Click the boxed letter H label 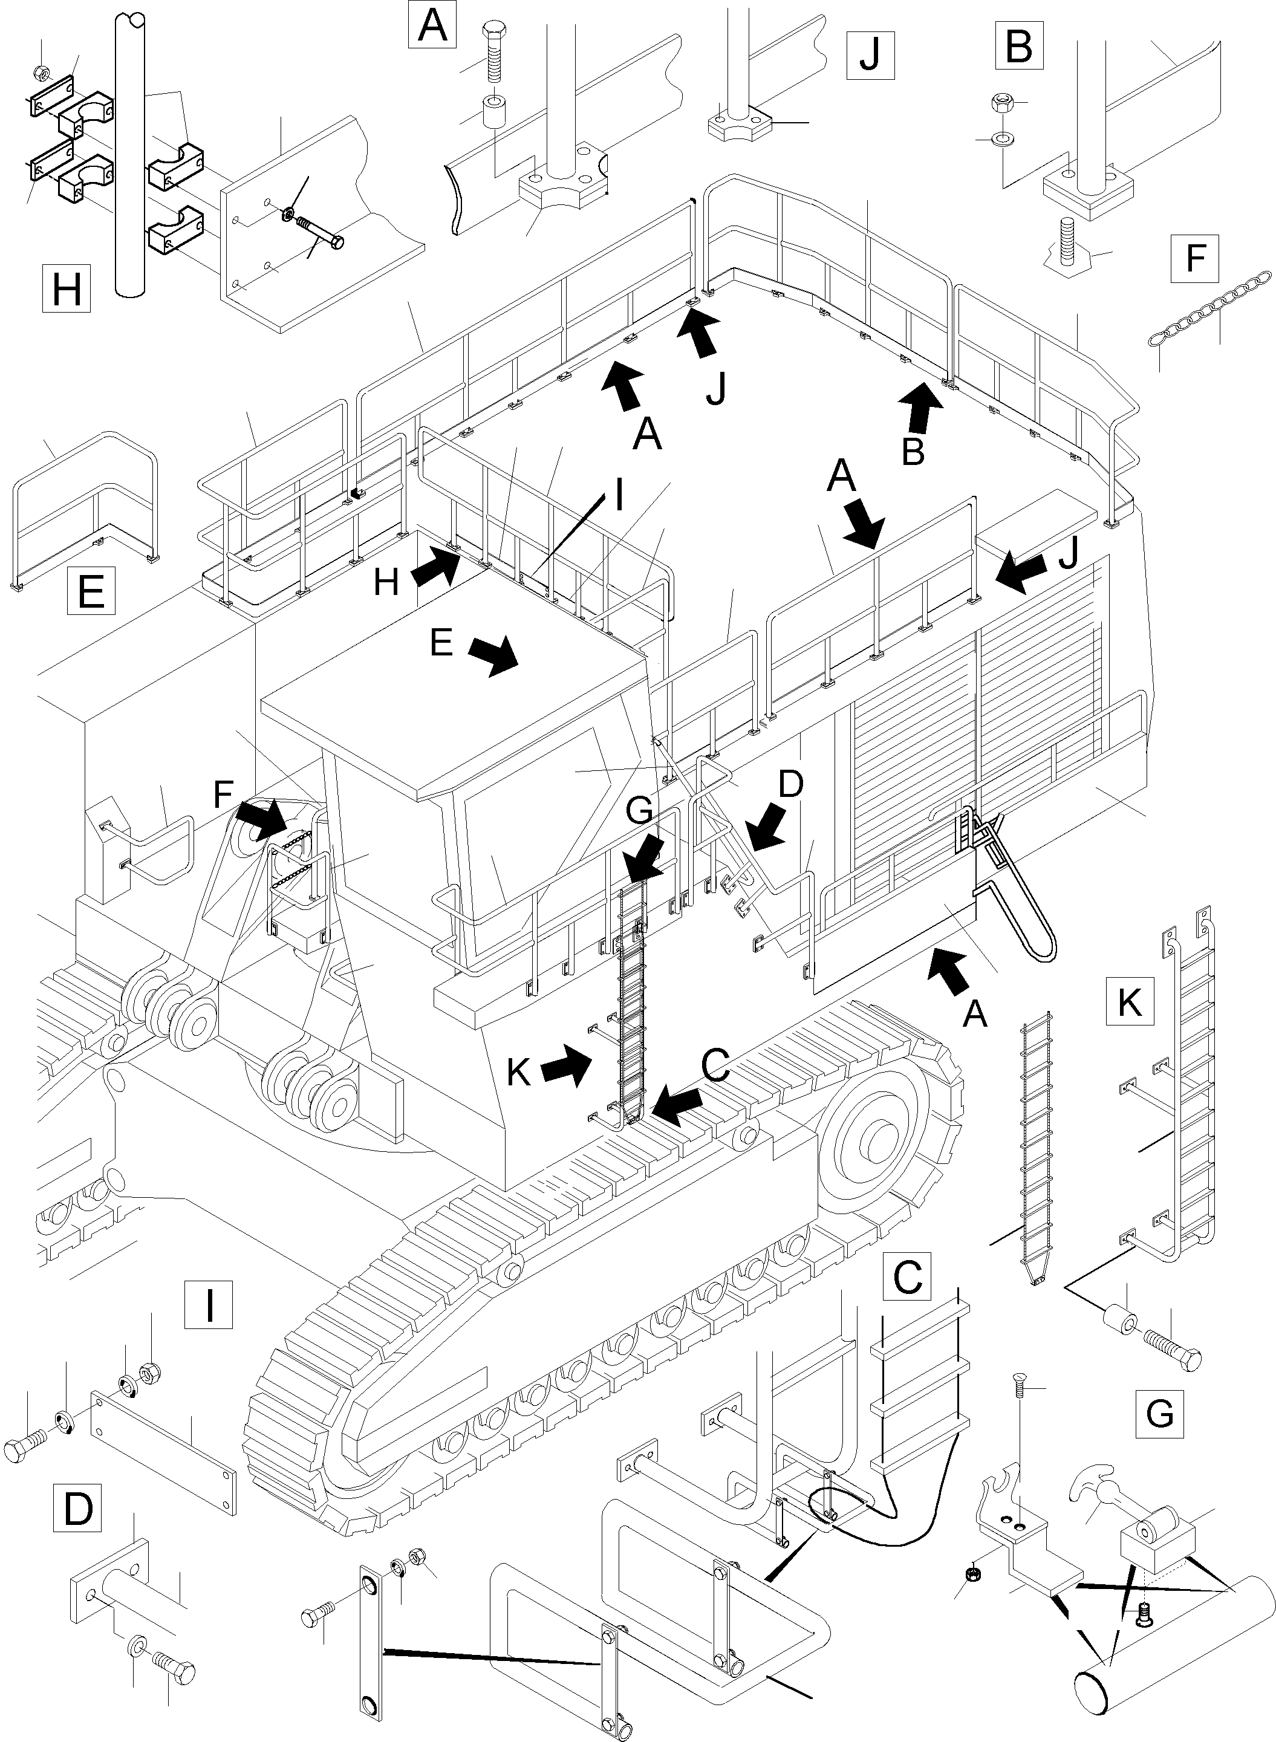pos(67,289)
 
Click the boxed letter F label pos(1195,257)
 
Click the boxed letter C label pos(908,1277)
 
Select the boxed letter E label pos(91,591)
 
